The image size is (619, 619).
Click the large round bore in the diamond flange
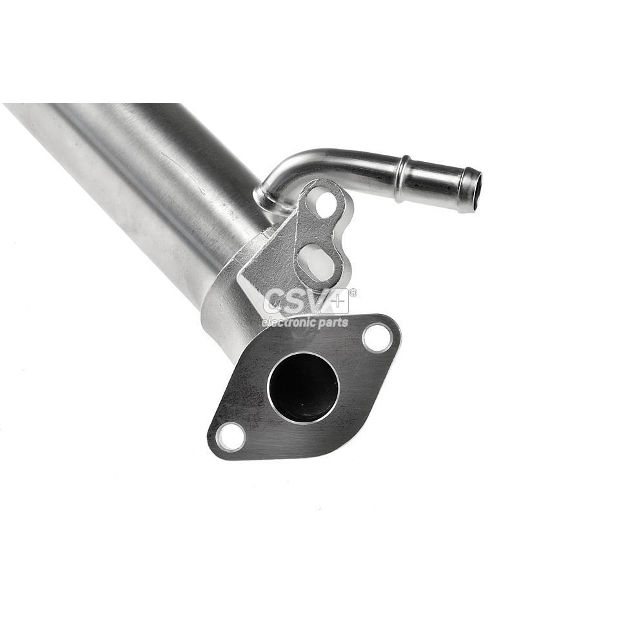(303, 388)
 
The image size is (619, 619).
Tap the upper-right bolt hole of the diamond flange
(377, 337)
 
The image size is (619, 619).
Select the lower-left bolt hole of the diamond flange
(231, 437)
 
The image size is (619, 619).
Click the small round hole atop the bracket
(325, 204)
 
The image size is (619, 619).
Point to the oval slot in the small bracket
(317, 260)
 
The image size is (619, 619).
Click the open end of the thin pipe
(473, 190)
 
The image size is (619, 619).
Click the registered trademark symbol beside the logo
(353, 292)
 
